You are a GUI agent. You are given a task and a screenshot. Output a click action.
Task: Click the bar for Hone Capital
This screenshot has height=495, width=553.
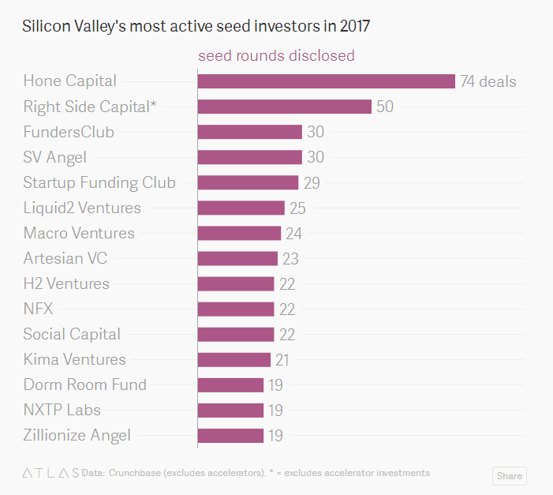(326, 81)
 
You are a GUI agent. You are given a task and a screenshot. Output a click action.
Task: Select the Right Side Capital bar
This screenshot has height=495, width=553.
(284, 107)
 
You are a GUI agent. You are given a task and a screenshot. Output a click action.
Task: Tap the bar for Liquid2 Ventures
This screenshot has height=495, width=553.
(241, 208)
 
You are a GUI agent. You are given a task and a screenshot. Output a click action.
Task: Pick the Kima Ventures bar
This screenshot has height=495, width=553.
(234, 360)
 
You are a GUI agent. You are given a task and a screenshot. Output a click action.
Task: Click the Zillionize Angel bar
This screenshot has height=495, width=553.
(230, 436)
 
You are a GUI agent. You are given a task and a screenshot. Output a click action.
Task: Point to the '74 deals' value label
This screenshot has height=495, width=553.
(488, 81)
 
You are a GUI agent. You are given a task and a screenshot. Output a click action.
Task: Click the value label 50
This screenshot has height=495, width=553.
(385, 107)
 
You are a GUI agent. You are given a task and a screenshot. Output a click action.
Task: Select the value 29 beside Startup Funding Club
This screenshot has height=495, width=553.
(312, 182)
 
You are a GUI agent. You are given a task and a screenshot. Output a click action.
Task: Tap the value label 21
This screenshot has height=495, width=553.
(282, 360)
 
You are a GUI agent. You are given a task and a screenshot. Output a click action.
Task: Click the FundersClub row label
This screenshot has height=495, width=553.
(69, 132)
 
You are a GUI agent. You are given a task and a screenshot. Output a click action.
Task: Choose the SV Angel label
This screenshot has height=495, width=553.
(54, 157)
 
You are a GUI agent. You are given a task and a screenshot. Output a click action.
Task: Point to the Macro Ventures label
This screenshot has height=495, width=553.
(79, 233)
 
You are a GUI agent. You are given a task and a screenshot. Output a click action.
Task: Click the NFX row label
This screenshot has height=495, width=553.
(38, 309)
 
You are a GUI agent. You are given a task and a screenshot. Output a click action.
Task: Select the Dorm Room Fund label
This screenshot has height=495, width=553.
(84, 385)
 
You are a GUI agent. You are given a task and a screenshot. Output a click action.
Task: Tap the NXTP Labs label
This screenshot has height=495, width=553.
(62, 411)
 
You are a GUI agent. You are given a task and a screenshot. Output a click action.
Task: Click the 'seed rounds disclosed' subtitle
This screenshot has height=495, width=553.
(276, 56)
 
